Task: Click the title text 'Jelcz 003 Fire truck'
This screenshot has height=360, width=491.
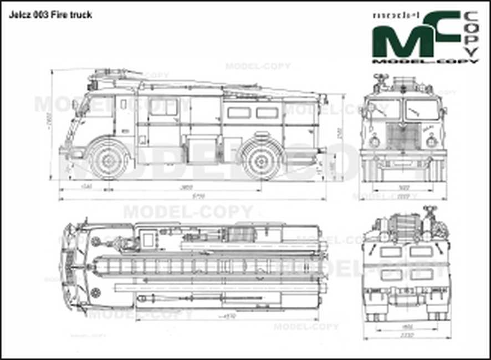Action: (50, 15)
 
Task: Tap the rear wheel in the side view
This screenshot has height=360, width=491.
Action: (259, 161)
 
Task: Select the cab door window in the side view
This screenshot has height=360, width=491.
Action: (163, 107)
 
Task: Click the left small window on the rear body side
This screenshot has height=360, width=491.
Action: (239, 113)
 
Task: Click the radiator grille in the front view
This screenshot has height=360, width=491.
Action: (402, 136)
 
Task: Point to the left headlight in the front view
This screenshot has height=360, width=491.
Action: (374, 141)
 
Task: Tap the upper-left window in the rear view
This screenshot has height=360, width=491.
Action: (391, 252)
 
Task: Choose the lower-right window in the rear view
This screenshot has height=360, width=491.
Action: (421, 274)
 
